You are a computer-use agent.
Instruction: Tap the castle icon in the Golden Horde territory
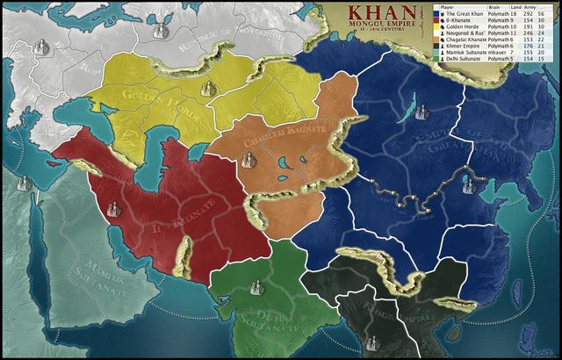208,88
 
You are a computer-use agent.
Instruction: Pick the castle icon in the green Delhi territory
257,286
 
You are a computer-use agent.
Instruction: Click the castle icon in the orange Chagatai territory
249,159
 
